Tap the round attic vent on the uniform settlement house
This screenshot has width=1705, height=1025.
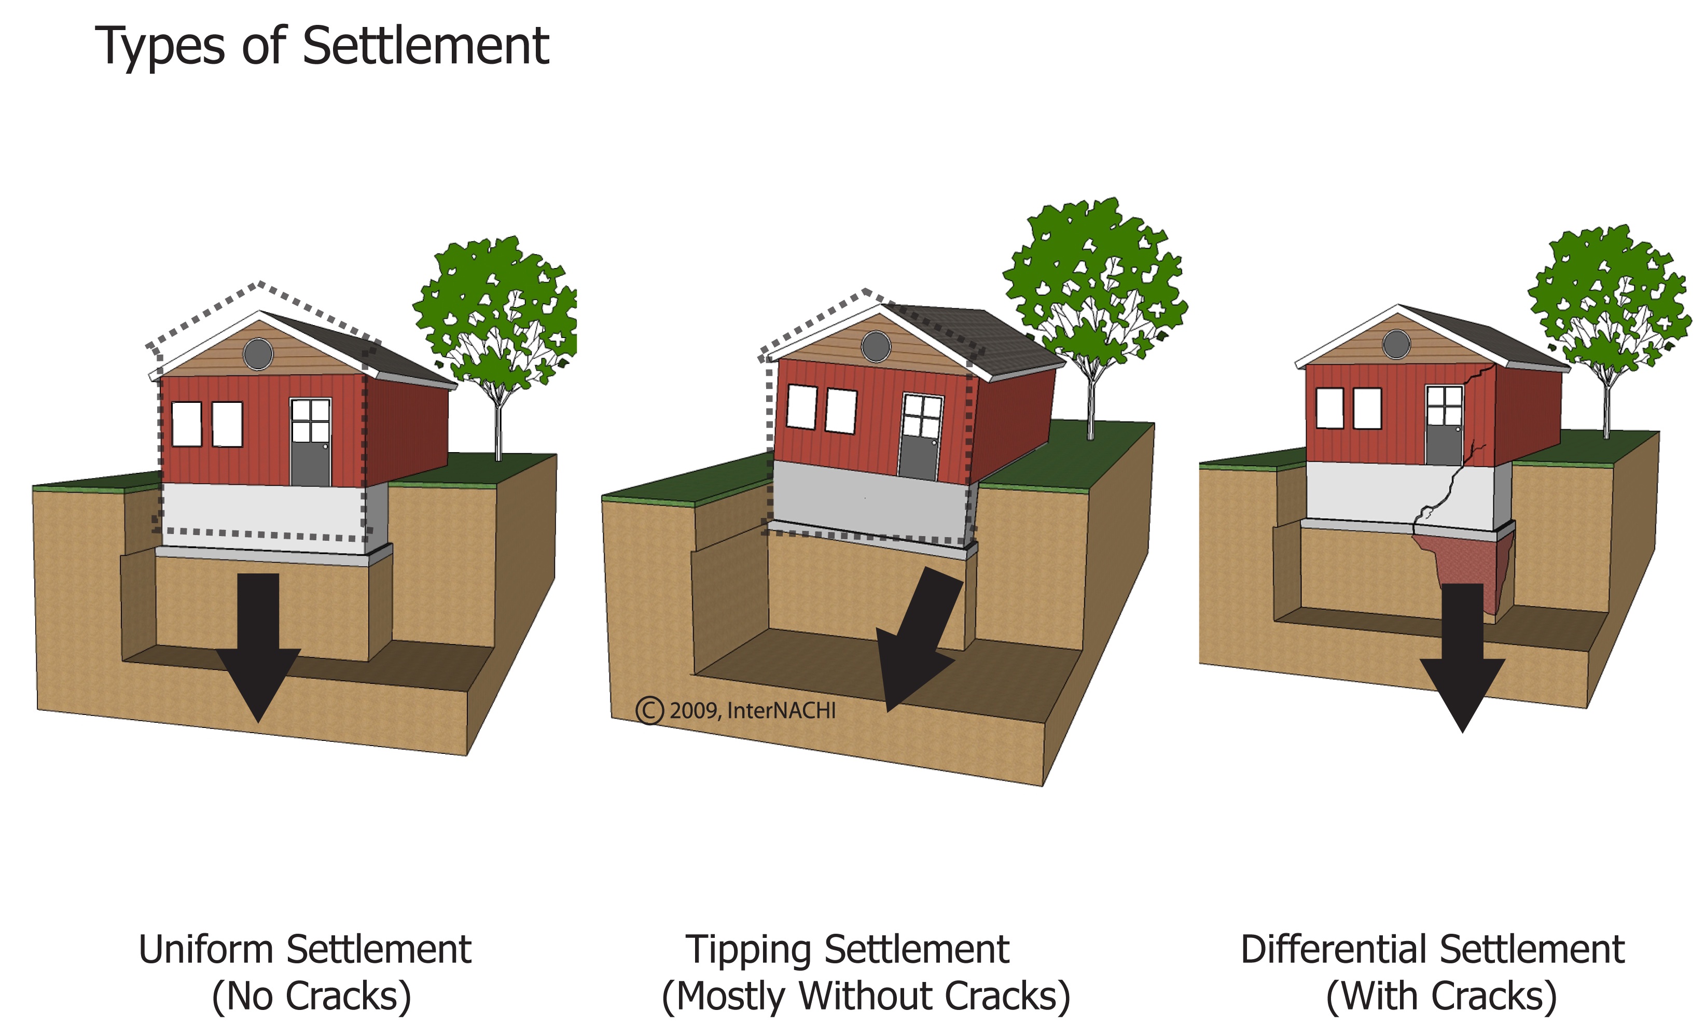(x=258, y=354)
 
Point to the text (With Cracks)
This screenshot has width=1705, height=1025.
(x=1441, y=996)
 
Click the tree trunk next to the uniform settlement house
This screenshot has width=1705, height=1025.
(x=498, y=428)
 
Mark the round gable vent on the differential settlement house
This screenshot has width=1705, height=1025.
(x=1396, y=344)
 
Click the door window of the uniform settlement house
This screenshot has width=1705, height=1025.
(x=310, y=420)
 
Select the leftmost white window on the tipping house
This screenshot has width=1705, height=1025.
(x=801, y=407)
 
